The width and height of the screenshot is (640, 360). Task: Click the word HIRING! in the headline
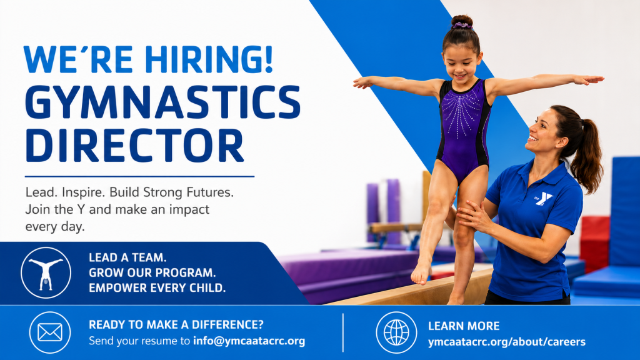coord(208,59)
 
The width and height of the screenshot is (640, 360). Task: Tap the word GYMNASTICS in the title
coord(162,102)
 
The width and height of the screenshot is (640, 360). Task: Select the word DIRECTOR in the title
coord(134,146)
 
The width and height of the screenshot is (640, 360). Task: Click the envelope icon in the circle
coord(50,332)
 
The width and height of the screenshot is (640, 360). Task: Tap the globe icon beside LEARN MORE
coord(396,332)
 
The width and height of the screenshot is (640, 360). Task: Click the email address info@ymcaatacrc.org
coord(249,341)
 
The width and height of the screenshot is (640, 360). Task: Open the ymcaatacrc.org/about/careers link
coord(506,342)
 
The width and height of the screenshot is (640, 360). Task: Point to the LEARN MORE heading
coord(464,326)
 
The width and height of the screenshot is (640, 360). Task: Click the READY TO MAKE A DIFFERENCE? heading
coord(176,324)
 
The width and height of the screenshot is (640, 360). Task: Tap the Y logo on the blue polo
coord(543,199)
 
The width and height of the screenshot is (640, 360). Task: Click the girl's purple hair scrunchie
coord(462,26)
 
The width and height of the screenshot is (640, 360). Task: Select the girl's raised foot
coord(421,272)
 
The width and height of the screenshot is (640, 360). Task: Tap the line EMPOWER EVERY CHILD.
coord(157,287)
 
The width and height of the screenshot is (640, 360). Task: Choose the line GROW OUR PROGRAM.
coord(152,272)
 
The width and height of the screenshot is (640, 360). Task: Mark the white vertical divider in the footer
coord(343,332)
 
